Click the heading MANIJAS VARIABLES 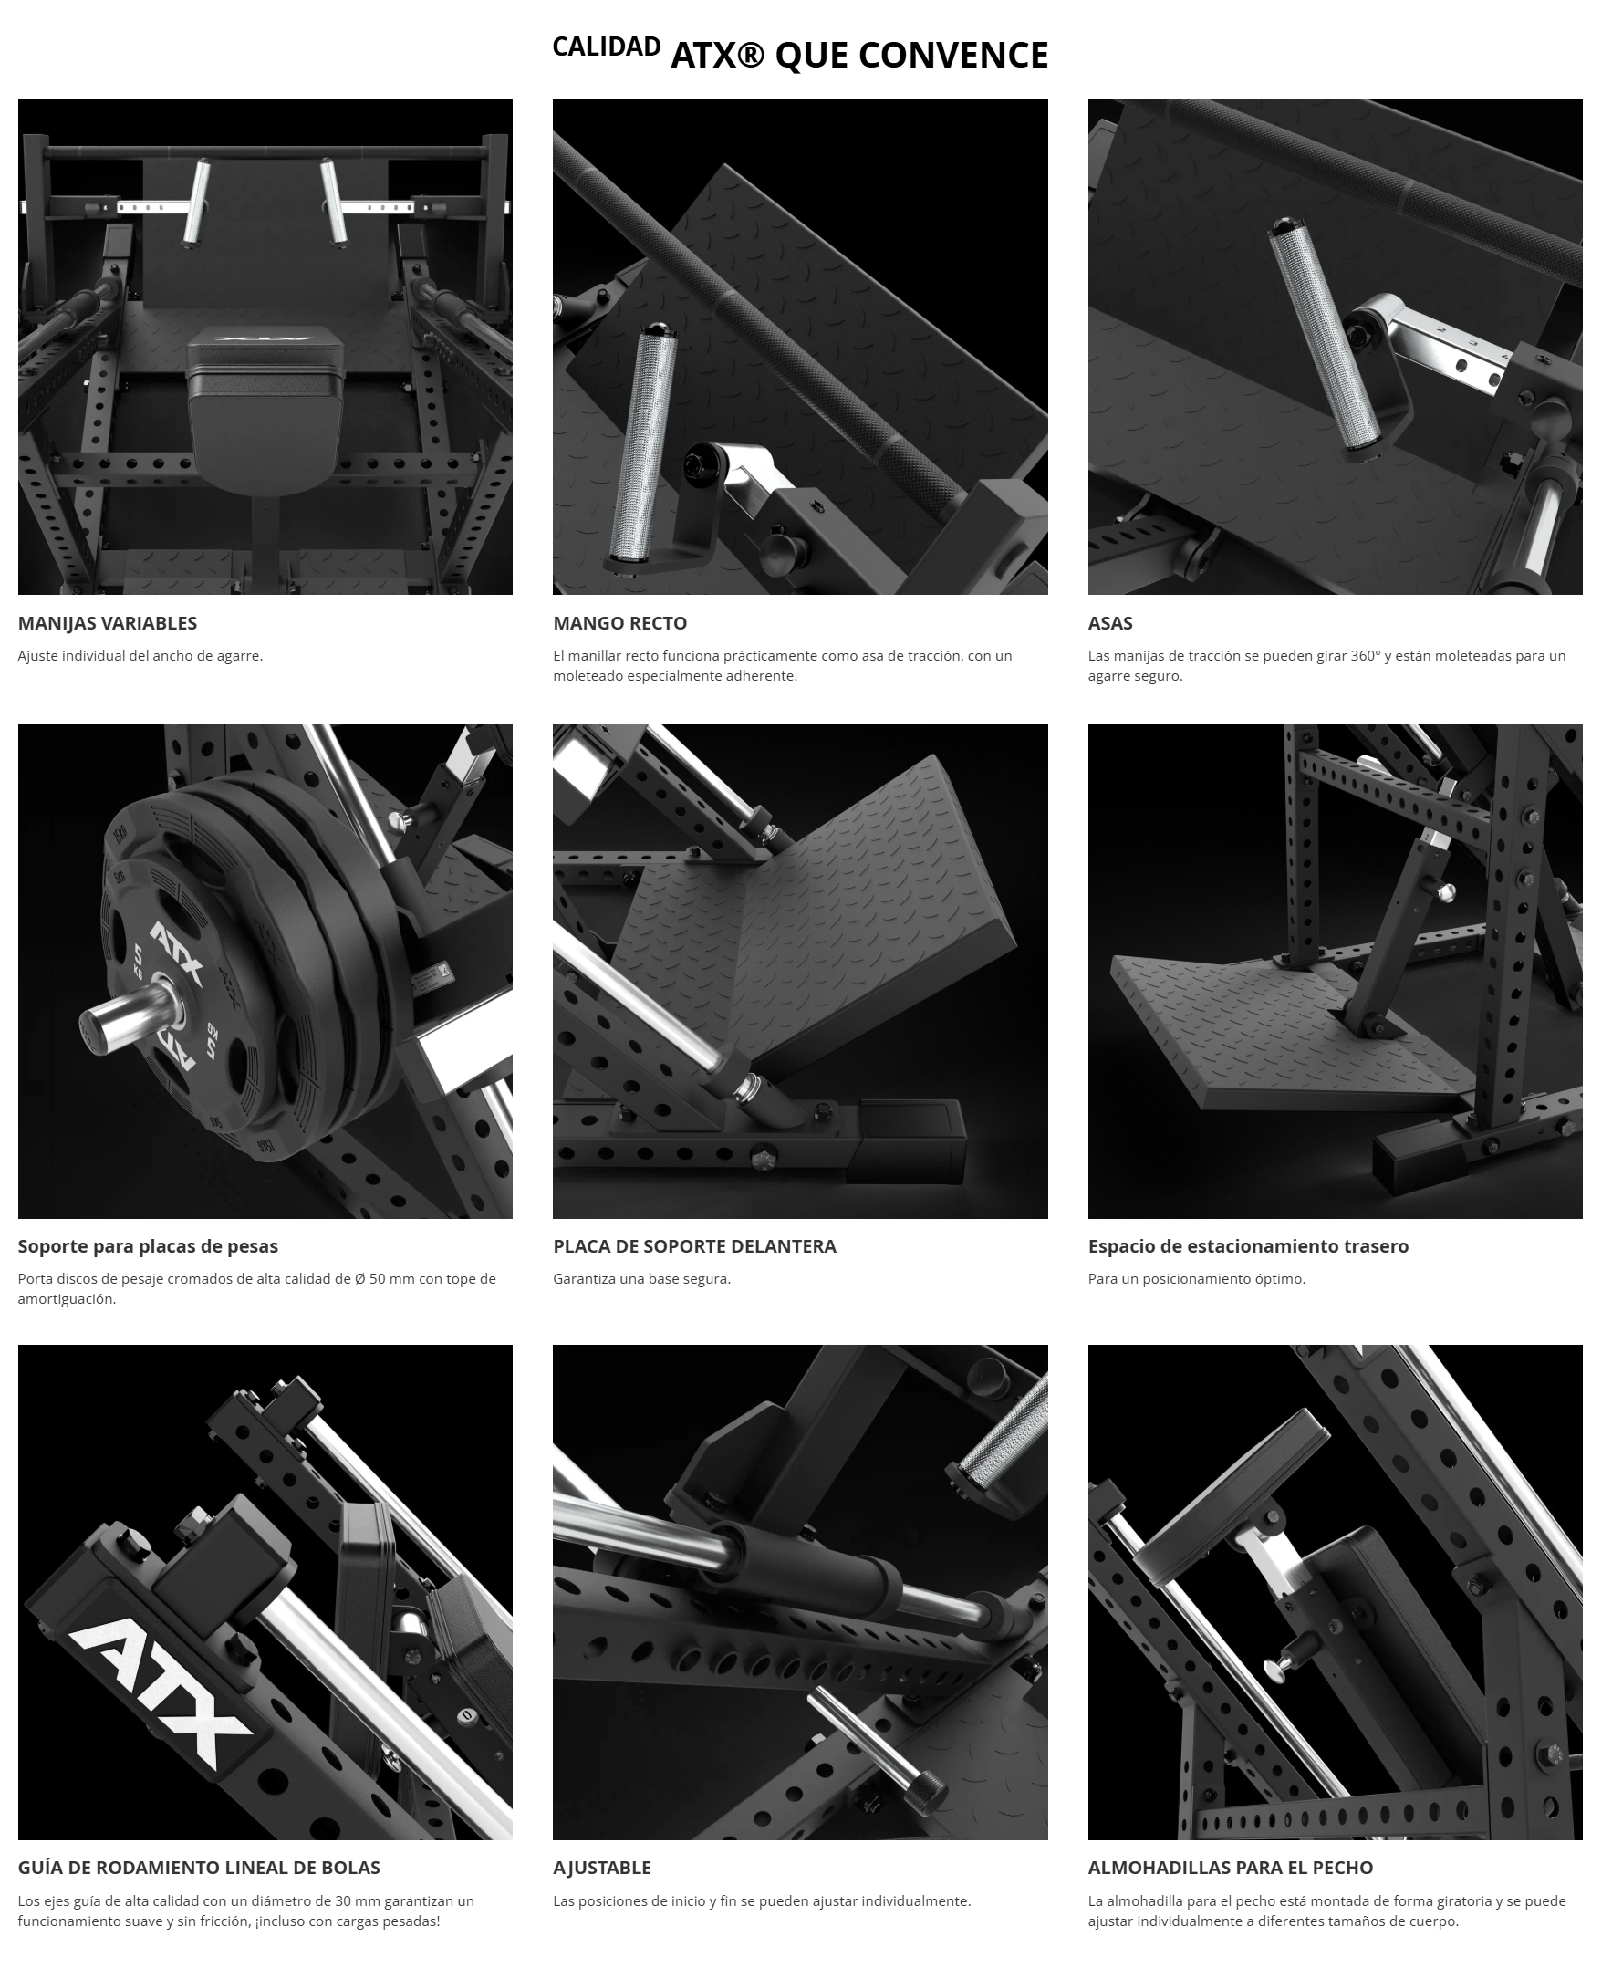click(x=108, y=623)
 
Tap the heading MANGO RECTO click(x=620, y=623)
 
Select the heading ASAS click(x=1110, y=623)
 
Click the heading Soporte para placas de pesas click(x=148, y=1246)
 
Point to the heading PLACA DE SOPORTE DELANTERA click(x=694, y=1246)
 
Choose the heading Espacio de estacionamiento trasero click(x=1248, y=1246)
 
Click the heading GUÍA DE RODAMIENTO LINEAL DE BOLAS click(x=199, y=1868)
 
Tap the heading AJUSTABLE click(x=602, y=1868)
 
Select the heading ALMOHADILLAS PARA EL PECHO click(x=1231, y=1868)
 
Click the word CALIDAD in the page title click(x=607, y=47)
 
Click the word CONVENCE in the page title click(x=953, y=56)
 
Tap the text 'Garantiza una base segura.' click(x=641, y=1279)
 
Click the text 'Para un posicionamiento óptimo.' click(x=1197, y=1279)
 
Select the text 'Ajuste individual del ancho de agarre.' click(x=140, y=656)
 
